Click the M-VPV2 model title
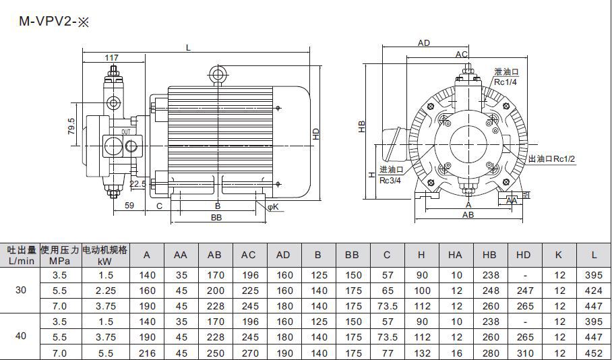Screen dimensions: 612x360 tap(54, 22)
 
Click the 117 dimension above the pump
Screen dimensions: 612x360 tap(112, 58)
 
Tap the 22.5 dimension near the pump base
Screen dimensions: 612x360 tap(137, 184)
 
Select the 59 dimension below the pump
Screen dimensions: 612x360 tap(129, 206)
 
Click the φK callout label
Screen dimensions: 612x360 tap(273, 206)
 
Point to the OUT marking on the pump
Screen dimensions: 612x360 tap(126, 132)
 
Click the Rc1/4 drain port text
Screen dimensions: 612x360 tap(506, 82)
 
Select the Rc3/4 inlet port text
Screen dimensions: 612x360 tap(390, 181)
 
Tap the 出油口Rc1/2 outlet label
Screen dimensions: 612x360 tap(551, 159)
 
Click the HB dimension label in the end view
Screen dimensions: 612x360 tap(362, 127)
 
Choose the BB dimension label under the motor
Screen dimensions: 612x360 tap(216, 218)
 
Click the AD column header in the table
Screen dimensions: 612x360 tap(283, 255)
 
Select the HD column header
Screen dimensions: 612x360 tap(524, 255)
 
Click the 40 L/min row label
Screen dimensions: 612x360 tap(21, 336)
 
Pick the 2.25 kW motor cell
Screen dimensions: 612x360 tap(106, 291)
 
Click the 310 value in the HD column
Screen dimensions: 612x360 tap(525, 353)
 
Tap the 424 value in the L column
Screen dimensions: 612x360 tap(594, 291)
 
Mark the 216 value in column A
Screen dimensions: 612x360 tap(147, 353)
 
